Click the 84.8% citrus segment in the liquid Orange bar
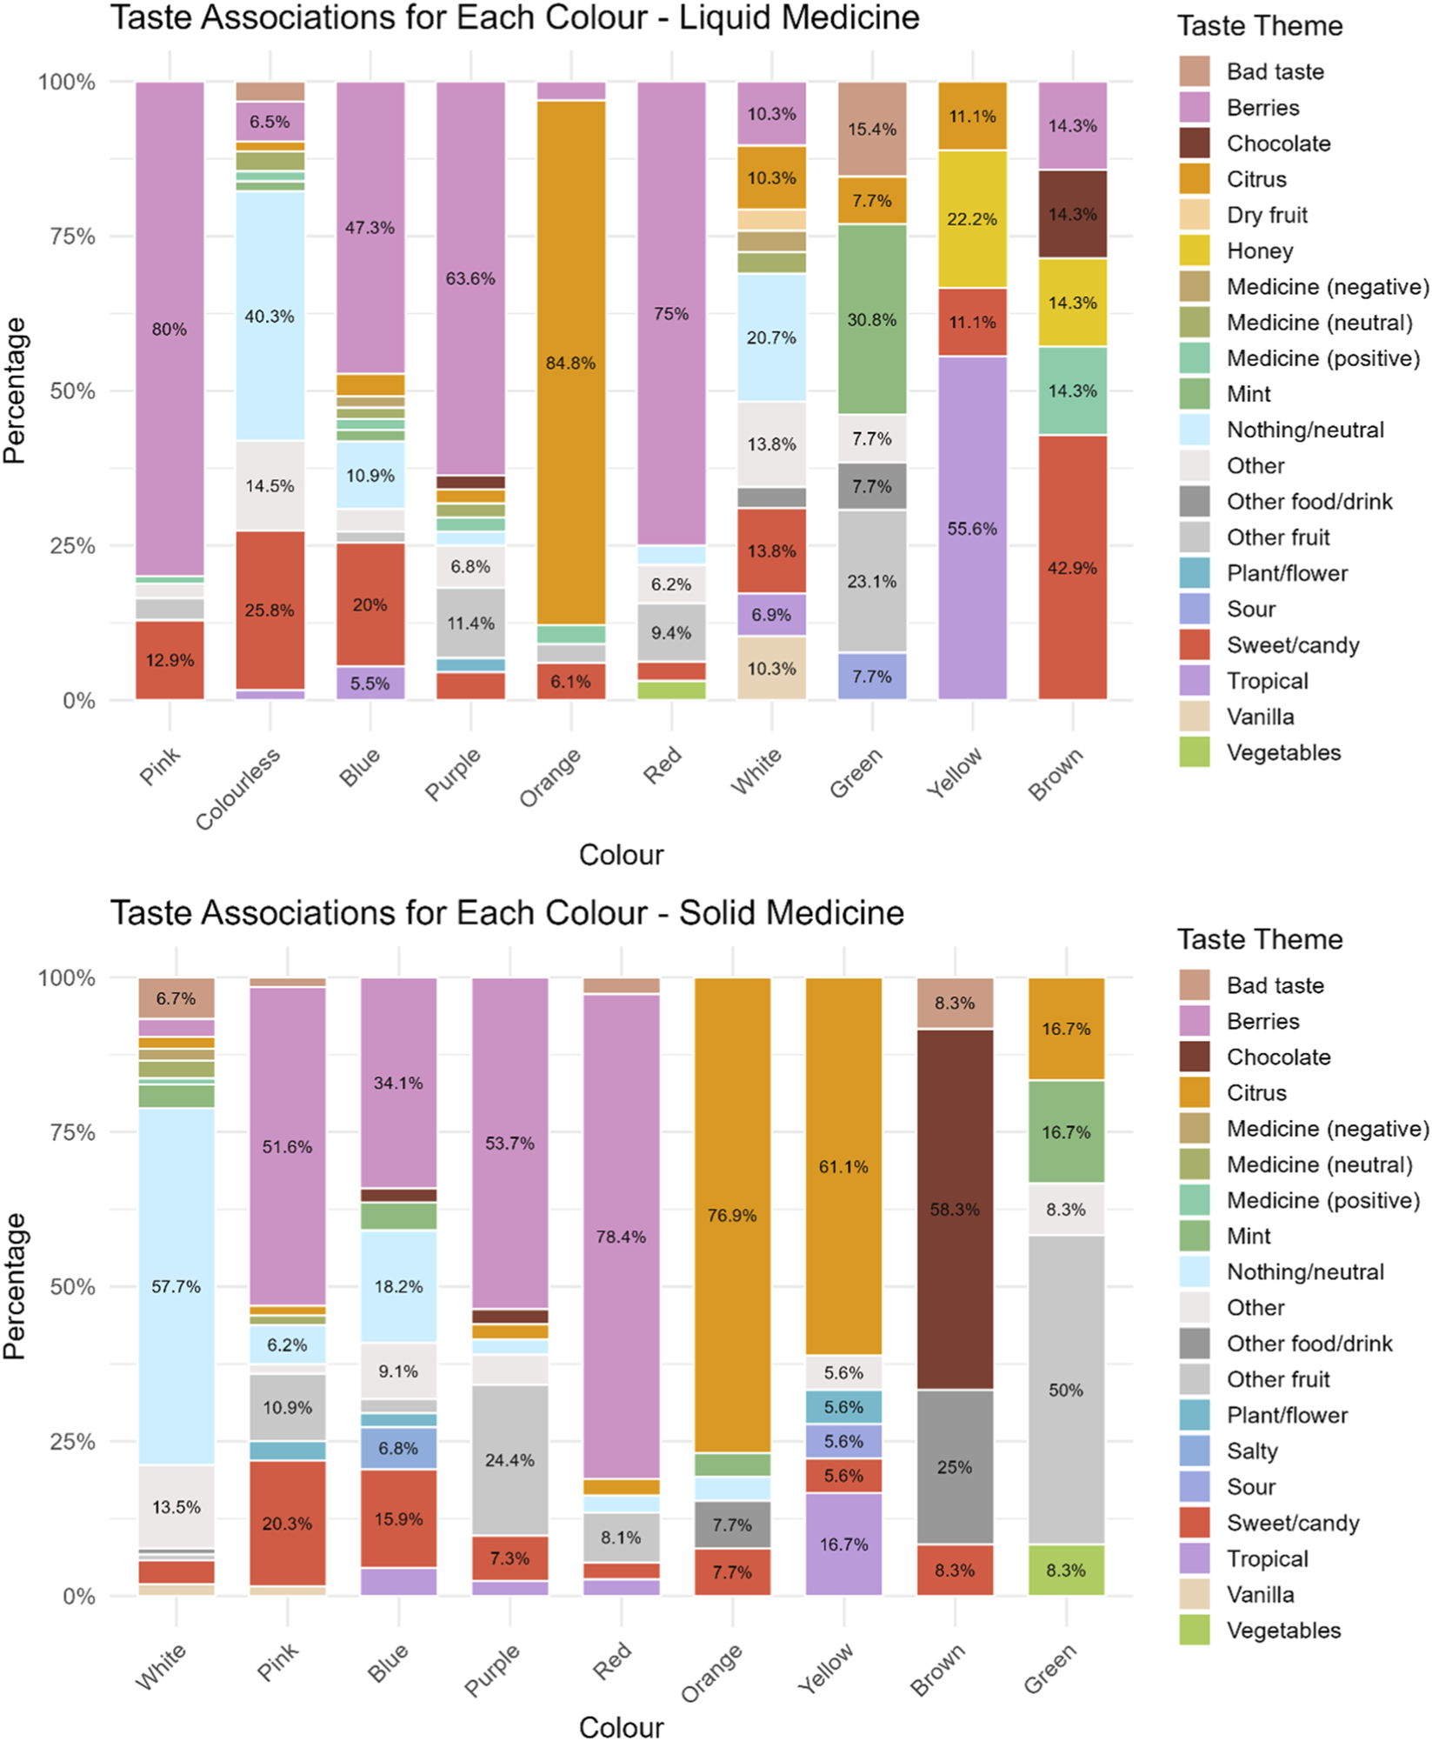(570, 363)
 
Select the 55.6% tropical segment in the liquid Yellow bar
(972, 528)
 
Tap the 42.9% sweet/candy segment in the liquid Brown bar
(1072, 567)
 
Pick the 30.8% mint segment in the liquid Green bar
(872, 319)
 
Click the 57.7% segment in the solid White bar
(177, 1286)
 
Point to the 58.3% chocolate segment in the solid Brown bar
(955, 1209)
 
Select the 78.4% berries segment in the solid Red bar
(621, 1236)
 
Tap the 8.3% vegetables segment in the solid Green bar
(1066, 1570)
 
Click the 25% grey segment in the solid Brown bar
(955, 1467)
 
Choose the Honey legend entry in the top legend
(1259, 251)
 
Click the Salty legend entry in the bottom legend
(1252, 1451)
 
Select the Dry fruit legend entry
(1266, 216)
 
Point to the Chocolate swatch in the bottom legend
(1195, 1057)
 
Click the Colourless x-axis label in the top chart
(238, 789)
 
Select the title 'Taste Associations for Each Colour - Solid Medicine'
(507, 913)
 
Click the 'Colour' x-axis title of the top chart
(621, 855)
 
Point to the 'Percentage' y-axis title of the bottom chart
(15, 1286)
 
